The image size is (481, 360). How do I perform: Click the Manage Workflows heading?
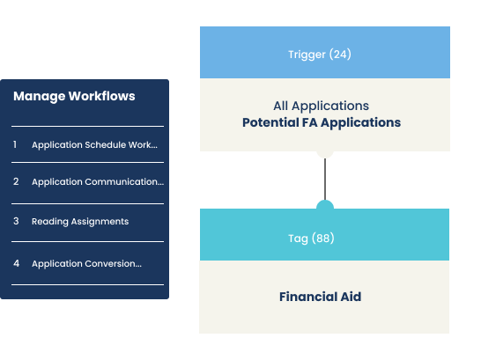(74, 96)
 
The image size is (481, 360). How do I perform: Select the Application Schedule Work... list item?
(94, 144)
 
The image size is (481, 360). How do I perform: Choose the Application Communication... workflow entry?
(98, 181)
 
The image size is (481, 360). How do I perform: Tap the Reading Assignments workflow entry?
(80, 221)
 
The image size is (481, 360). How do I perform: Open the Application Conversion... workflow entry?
(86, 263)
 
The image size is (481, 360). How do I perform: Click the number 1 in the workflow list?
(15, 144)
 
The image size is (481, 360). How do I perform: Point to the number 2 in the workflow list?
(16, 181)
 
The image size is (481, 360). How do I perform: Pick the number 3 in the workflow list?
(16, 221)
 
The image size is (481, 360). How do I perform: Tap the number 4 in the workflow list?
(16, 263)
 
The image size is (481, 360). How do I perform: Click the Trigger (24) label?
(320, 55)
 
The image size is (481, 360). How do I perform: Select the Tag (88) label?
(311, 239)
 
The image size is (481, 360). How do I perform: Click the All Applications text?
(322, 106)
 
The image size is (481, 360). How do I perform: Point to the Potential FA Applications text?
(322, 122)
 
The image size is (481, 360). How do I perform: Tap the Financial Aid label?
(321, 297)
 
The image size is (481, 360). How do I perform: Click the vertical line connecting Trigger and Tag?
(325, 179)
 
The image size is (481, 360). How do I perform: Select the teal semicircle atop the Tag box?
(325, 205)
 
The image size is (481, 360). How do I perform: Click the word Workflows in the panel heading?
(101, 96)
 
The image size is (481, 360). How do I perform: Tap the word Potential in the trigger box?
(270, 122)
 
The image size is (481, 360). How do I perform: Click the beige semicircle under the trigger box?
(325, 154)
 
